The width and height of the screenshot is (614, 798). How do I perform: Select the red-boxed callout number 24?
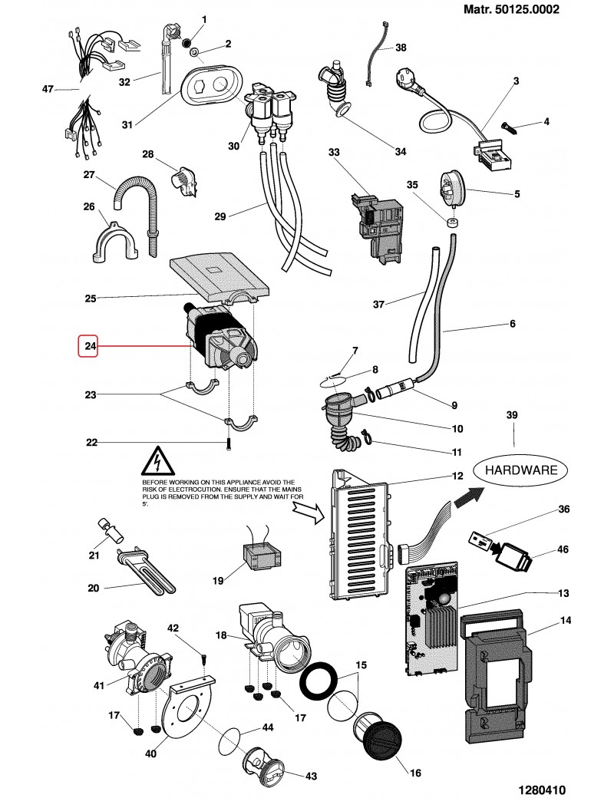point(90,347)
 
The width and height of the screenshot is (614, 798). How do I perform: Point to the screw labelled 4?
point(509,125)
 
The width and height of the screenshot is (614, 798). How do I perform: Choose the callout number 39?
point(513,415)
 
